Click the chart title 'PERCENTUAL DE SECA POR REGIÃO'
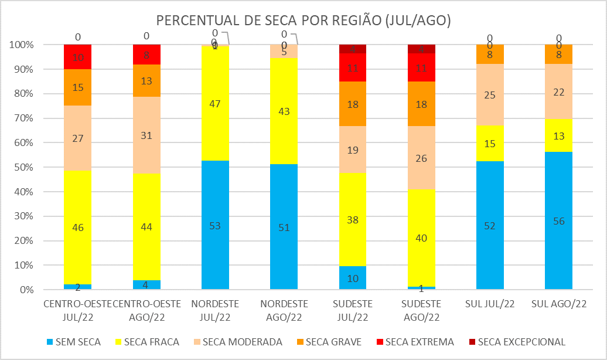[303, 21]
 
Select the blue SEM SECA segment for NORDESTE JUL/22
[215, 225]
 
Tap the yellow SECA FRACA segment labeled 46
[78, 227]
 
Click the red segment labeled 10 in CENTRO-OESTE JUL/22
[78, 57]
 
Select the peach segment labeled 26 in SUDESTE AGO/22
[422, 158]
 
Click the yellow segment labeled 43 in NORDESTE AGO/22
[284, 111]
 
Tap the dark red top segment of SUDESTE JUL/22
[353, 49]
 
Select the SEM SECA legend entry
[76, 342]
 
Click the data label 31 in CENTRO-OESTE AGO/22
[146, 135]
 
